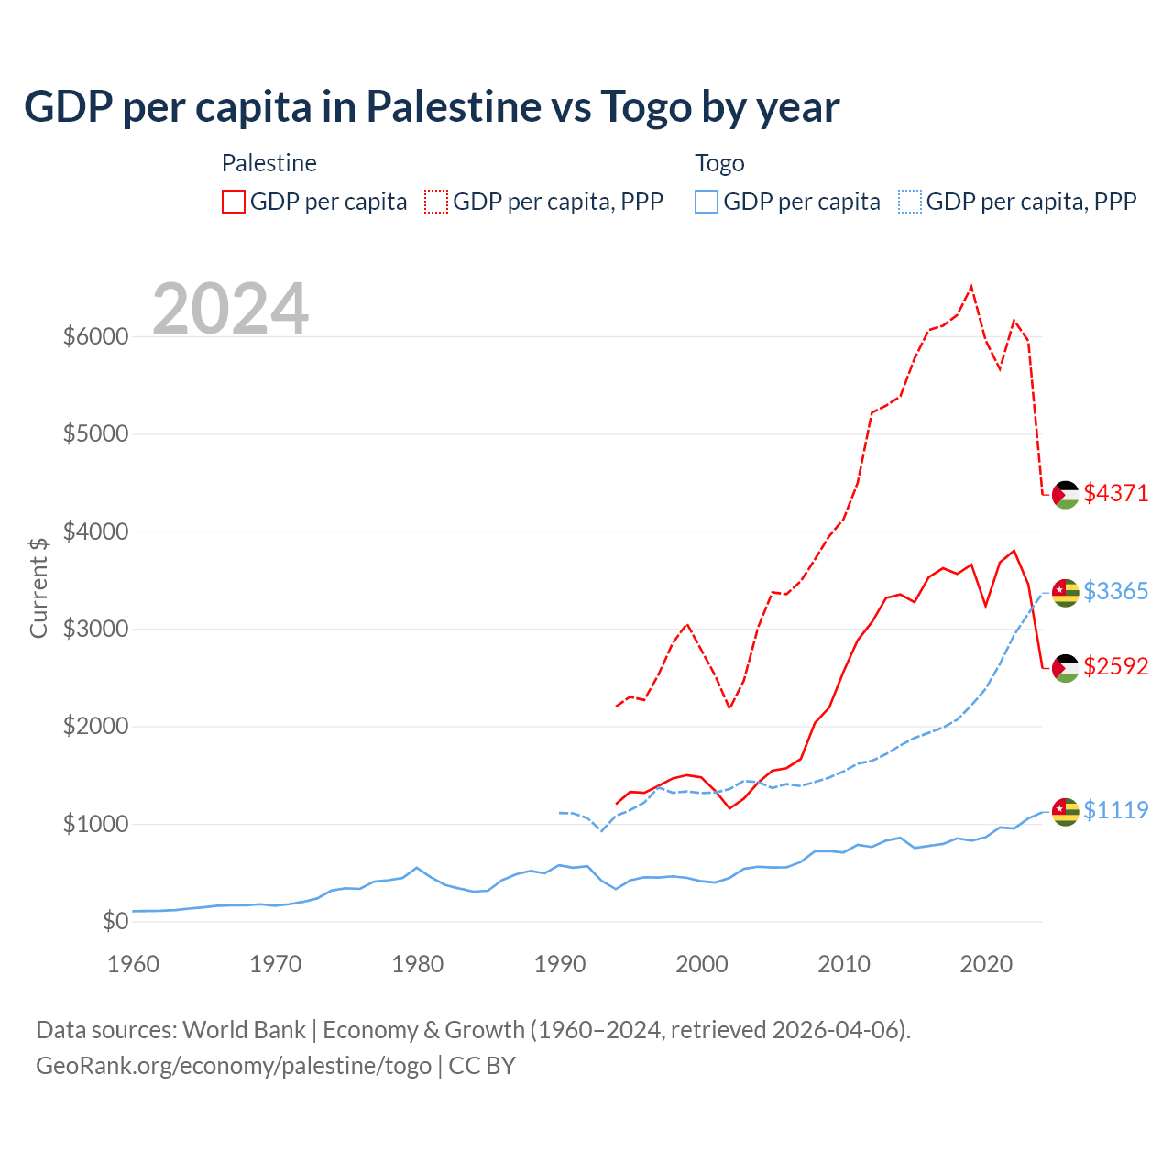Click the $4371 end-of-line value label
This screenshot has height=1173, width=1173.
[x=1115, y=493]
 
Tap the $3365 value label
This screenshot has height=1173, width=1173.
[x=1115, y=591]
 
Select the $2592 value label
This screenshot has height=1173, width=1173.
[x=1115, y=666]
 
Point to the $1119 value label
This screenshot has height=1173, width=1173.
[x=1115, y=810]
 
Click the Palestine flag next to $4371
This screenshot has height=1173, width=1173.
[x=1065, y=495]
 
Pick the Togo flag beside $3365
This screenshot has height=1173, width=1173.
[x=1065, y=593]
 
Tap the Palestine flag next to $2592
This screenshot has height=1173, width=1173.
[x=1065, y=668]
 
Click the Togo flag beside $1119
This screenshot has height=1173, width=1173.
[x=1065, y=812]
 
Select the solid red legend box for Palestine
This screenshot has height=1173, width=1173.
[x=234, y=202]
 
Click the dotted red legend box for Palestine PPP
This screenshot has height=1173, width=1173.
[x=436, y=202]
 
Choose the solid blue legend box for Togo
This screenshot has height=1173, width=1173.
[x=707, y=202]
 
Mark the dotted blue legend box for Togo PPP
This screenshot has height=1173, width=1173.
[x=910, y=202]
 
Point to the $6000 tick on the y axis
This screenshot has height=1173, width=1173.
[x=95, y=336]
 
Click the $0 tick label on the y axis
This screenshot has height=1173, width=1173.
[x=115, y=921]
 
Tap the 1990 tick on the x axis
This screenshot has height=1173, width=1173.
[x=559, y=964]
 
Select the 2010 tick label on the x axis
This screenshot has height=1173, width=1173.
[x=843, y=964]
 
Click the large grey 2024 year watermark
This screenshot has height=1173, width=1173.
[x=230, y=309]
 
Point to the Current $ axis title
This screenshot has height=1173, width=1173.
[x=38, y=587]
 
